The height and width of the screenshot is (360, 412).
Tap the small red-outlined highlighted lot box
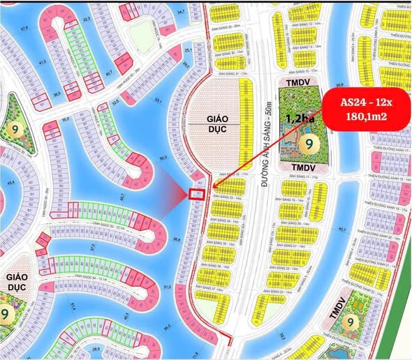tap(197, 195)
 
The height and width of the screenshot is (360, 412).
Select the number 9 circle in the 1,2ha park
tap(305, 144)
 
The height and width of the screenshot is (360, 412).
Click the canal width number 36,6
tap(177, 239)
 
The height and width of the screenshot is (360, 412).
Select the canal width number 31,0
tap(166, 287)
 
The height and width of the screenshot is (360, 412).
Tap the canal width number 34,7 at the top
tap(182, 12)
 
